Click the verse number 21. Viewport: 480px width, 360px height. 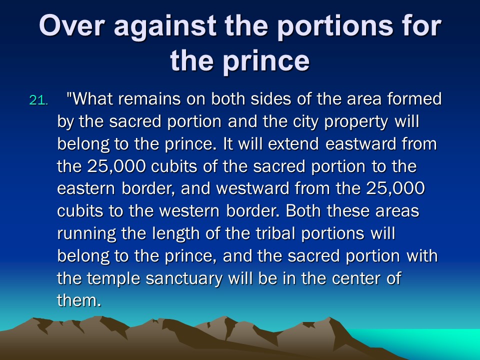[38, 100]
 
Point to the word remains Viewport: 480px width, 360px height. [149, 99]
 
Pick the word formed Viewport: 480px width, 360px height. [414, 98]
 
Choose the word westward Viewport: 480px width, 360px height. [253, 188]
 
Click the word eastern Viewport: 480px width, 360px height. [86, 189]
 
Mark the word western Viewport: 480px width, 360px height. [189, 211]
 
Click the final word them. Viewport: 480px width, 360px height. [79, 300]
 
